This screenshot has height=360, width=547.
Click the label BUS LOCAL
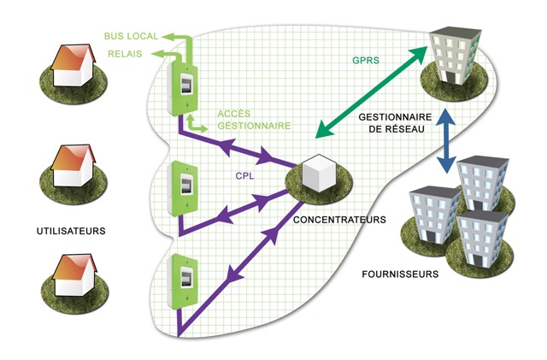129,37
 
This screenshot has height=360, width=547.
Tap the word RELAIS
125,54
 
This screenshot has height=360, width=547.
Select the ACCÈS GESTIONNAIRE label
242,119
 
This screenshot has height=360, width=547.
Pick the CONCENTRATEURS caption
339,220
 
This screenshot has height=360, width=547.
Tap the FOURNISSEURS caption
399,274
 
